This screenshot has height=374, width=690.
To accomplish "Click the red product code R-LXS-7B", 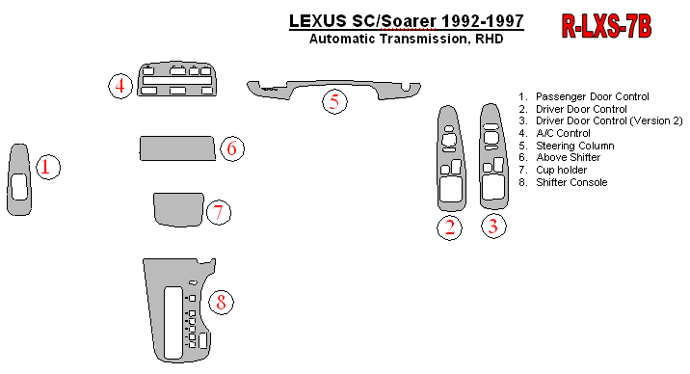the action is point(606,26).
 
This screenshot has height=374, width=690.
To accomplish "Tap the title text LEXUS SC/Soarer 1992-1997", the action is point(406,21).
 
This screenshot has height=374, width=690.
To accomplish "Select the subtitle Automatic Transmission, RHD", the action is point(406,39).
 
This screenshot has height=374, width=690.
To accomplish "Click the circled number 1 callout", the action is point(47,167).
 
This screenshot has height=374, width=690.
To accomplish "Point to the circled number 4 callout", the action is point(120,86).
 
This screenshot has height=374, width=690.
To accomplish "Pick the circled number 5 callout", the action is point(334,102).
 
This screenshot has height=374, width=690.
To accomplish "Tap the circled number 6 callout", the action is point(232,148).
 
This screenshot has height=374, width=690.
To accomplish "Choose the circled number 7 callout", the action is point(218,212).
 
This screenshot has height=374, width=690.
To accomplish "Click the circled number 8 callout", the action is point(221,303).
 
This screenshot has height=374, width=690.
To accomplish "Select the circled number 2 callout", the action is point(450,227).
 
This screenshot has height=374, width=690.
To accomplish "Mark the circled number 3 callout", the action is point(493,227).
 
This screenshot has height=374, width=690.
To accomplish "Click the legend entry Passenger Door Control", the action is point(593,96).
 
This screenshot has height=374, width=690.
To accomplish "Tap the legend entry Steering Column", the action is point(574,146).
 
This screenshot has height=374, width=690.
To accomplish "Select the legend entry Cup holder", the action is point(561,170).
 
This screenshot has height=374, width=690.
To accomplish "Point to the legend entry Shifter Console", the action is point(571,182).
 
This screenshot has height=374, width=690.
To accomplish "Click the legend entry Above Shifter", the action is point(569,157).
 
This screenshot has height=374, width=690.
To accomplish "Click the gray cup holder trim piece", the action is point(178,209).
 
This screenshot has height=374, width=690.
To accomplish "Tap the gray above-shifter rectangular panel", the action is point(177,148).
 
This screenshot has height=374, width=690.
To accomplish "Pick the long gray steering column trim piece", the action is point(334,87).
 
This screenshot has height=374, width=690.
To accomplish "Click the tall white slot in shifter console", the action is point(172,323).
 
